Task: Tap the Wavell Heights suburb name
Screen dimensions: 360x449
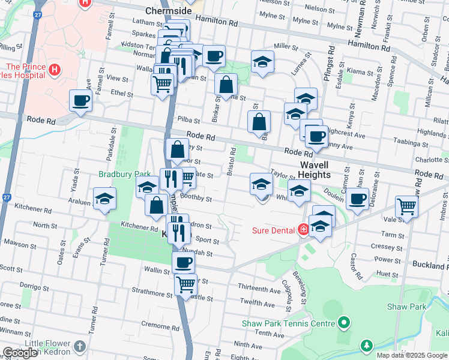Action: click(x=315, y=169)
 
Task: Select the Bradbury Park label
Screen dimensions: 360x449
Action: click(x=125, y=174)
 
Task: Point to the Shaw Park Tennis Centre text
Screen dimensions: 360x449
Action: click(x=288, y=323)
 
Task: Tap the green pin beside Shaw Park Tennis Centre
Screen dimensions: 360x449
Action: click(x=343, y=323)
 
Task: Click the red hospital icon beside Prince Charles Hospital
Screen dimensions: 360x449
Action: click(x=55, y=70)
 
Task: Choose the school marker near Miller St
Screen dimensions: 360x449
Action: click(x=262, y=62)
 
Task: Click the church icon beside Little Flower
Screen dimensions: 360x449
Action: click(x=80, y=346)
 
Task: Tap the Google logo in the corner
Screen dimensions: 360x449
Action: click(x=20, y=353)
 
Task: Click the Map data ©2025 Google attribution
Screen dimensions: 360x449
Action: click(x=411, y=355)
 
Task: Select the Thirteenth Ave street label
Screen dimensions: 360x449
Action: click(x=259, y=289)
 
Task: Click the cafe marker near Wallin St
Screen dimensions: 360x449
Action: click(x=183, y=262)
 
